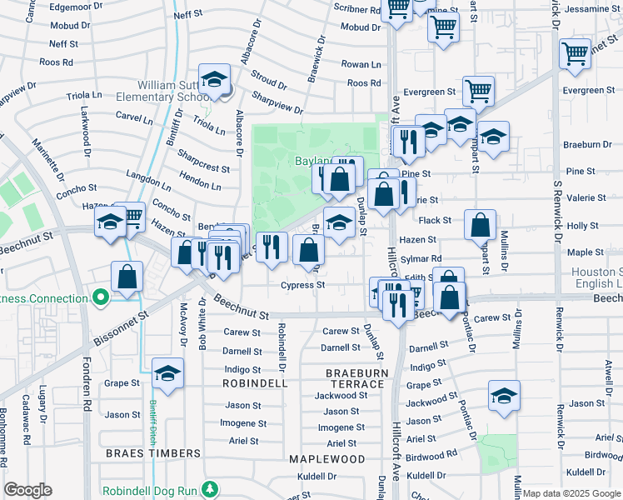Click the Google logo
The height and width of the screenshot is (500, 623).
pyautogui.click(x=28, y=490)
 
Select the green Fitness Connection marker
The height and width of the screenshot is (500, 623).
pyautogui.click(x=101, y=297)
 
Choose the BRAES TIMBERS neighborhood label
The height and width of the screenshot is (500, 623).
pyautogui.click(x=153, y=453)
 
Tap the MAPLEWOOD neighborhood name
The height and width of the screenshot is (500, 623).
pyautogui.click(x=326, y=459)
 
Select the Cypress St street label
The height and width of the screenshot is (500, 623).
pyautogui.click(x=302, y=285)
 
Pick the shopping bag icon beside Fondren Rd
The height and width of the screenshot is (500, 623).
pyautogui.click(x=126, y=277)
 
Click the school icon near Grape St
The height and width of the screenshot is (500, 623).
pyautogui.click(x=167, y=372)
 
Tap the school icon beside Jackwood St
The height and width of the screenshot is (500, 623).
pyautogui.click(x=504, y=396)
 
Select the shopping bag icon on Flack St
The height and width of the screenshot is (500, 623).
pyautogui.click(x=481, y=223)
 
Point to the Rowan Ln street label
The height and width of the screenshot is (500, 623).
pyautogui.click(x=361, y=64)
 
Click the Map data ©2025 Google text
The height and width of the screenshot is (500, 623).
pyautogui.click(x=571, y=493)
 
